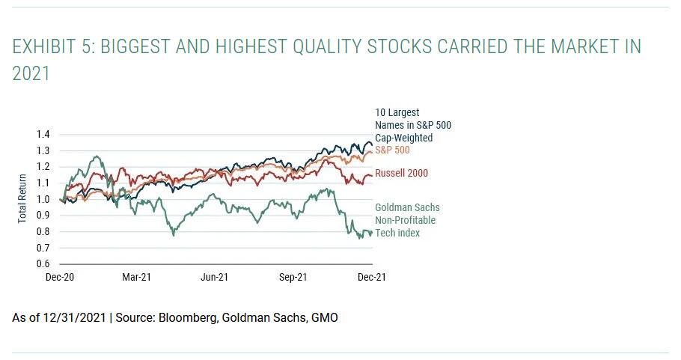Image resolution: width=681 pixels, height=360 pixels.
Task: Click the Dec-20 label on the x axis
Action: pyautogui.click(x=59, y=277)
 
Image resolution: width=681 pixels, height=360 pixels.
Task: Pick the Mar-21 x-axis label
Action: pyautogui.click(x=137, y=277)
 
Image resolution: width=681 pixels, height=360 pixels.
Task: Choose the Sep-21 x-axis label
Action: pyautogui.click(x=293, y=277)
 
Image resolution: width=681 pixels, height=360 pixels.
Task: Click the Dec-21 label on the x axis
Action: pyautogui.click(x=371, y=277)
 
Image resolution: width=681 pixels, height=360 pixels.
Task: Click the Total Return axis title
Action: pyautogui.click(x=22, y=199)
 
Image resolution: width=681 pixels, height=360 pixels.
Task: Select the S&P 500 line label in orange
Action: pyautogui.click(x=393, y=150)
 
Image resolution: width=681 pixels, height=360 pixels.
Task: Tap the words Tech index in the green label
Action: pyautogui.click(x=397, y=233)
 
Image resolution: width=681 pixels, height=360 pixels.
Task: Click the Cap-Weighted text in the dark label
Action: pyautogui.click(x=404, y=138)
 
